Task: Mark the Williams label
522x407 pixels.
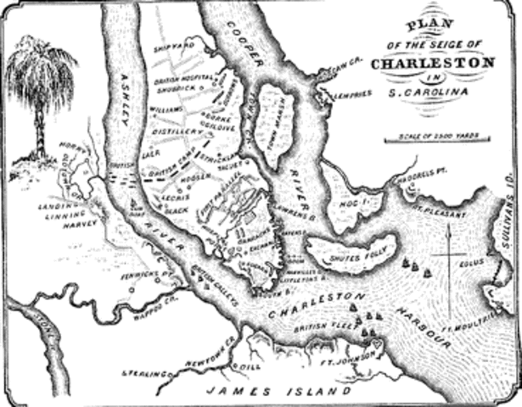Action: point(167,109)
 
